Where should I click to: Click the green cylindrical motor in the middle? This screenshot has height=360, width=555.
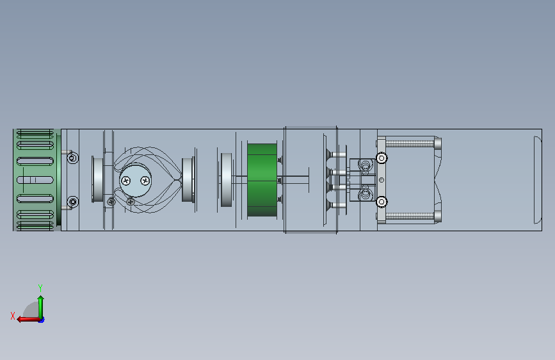pos(262,180)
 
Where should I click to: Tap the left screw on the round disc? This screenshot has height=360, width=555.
pos(125,181)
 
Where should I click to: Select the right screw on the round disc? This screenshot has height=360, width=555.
pos(145,181)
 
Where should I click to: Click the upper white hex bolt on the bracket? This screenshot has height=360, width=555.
pos(382,158)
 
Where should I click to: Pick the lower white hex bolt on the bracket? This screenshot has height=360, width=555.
pos(382,202)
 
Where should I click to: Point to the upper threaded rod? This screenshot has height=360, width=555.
pos(410,143)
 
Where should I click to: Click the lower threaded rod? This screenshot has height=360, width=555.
pos(410,216)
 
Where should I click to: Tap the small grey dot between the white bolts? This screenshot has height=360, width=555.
pos(382,180)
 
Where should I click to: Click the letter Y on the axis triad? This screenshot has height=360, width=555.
pos(40,288)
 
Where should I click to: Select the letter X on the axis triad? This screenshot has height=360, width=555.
pos(13,316)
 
